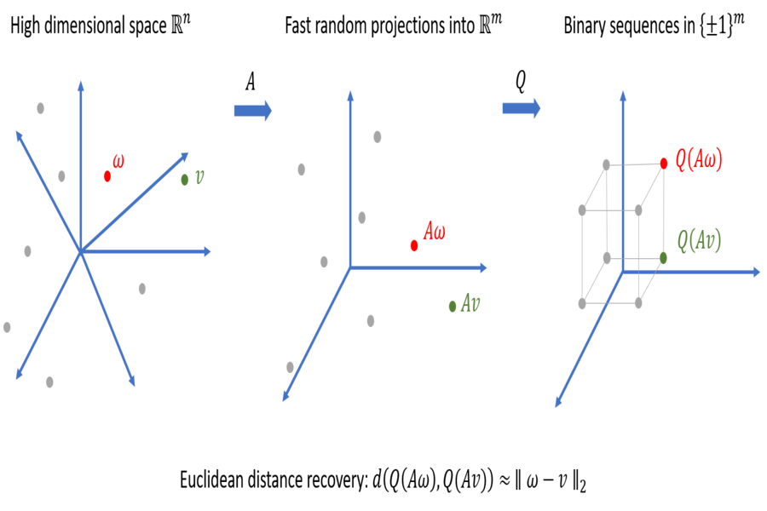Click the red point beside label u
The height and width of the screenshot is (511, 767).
click(107, 176)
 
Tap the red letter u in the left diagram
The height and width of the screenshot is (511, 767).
click(118, 161)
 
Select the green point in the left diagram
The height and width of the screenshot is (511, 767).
click(184, 180)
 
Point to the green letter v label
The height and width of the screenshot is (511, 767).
click(199, 177)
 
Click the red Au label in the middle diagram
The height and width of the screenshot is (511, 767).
click(435, 231)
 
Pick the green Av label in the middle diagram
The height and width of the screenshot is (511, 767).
click(470, 302)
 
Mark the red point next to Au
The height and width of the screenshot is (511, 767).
click(414, 246)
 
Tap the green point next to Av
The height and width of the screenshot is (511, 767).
click(453, 306)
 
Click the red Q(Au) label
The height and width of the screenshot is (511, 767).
click(699, 159)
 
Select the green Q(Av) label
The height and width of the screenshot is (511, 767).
click(699, 241)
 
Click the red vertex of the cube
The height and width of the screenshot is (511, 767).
click(664, 162)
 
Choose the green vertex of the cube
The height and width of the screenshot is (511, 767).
click(664, 256)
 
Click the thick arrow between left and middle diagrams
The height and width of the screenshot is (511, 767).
click(252, 111)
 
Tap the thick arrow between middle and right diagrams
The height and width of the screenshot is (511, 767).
click(521, 108)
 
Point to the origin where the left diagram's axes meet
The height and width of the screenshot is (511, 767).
click(80, 251)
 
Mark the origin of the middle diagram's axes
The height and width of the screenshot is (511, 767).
click(350, 267)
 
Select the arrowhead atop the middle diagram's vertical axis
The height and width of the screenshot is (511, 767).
click(350, 93)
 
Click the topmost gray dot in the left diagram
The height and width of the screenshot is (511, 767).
click(40, 108)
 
